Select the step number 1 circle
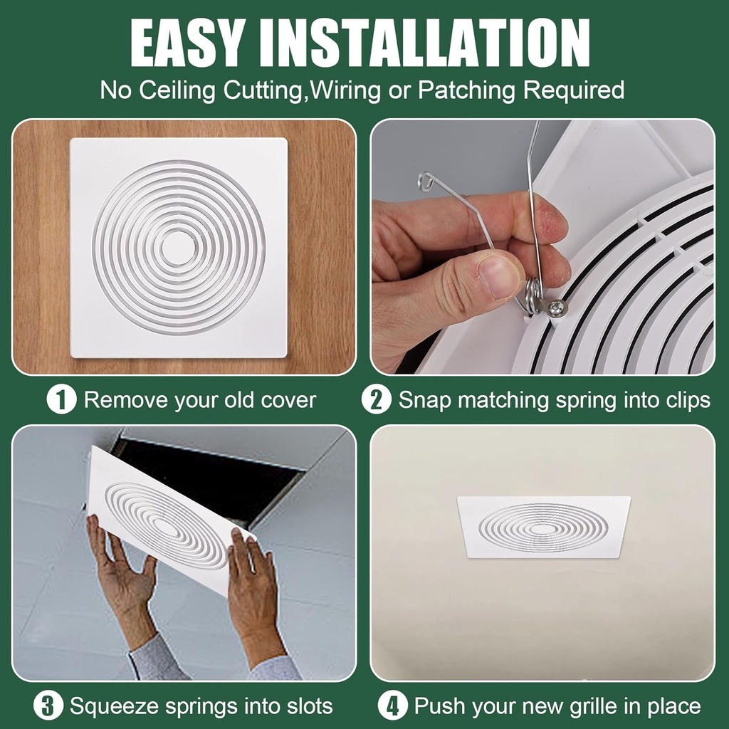tap(61, 399)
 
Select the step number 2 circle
tap(376, 399)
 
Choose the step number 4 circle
tap(392, 706)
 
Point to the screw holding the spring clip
tap(556, 308)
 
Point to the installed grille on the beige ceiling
tap(543, 527)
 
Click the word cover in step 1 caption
tap(287, 400)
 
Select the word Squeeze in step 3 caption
tap(114, 706)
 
